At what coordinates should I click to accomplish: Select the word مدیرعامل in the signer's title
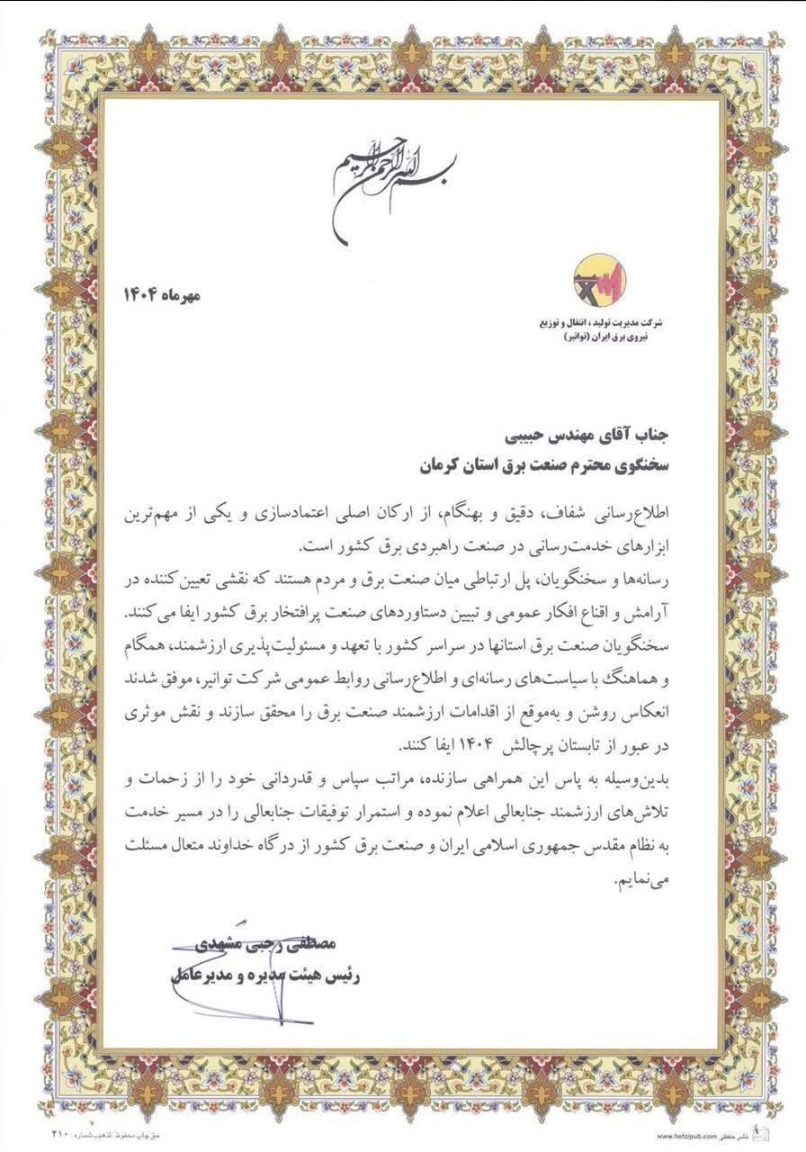click(x=200, y=975)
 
